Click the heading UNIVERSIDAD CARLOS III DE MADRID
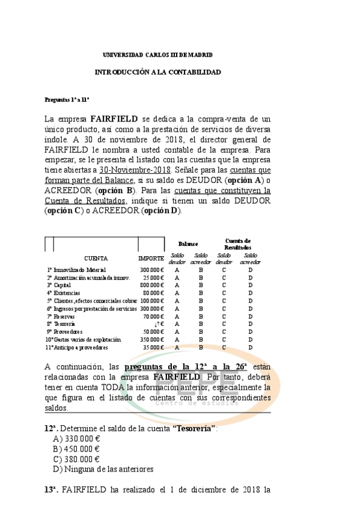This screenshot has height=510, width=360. click(x=157, y=55)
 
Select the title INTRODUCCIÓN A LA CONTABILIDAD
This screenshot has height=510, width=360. click(x=158, y=72)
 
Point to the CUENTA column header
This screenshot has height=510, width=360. click(x=96, y=259)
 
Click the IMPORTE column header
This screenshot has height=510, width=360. click(x=150, y=259)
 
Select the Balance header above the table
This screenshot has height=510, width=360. click(x=188, y=244)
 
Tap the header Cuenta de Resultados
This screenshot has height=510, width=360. click(x=237, y=244)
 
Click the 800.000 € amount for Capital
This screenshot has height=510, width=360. click(x=151, y=285)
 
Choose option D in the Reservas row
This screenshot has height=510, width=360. click(x=249, y=316)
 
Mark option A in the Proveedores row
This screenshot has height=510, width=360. click(x=177, y=332)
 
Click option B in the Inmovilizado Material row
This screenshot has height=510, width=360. click(x=201, y=270)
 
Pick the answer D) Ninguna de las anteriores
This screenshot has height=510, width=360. click(x=103, y=469)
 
